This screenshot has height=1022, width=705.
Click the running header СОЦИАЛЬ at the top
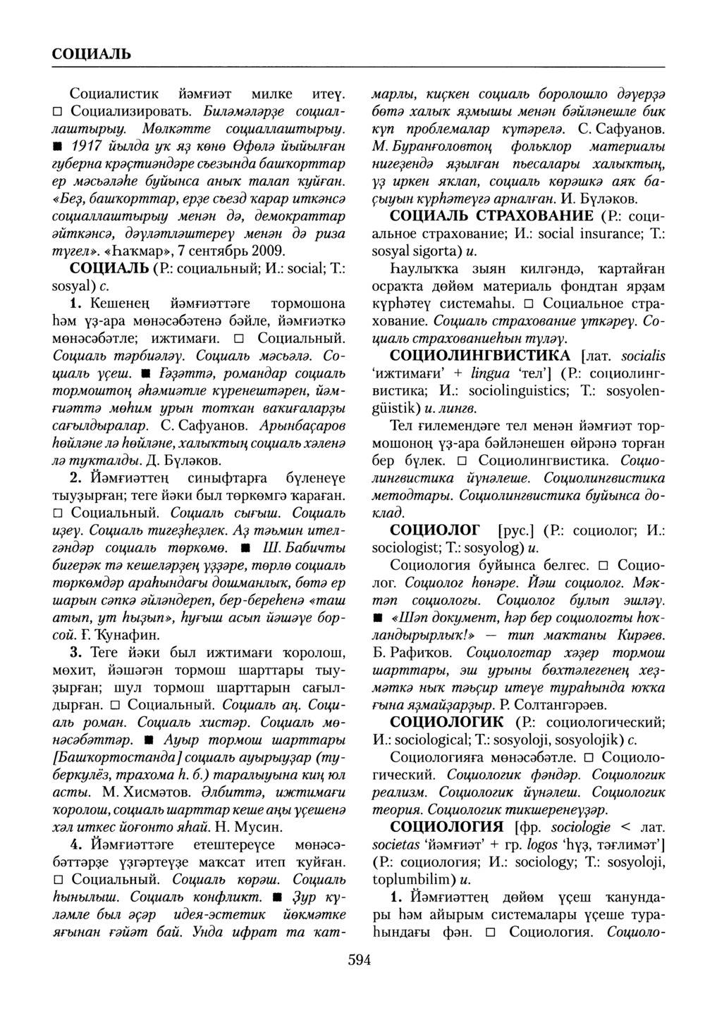pos(91,53)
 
